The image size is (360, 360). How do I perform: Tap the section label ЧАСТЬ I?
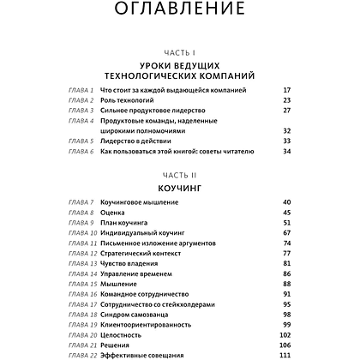pyautogui.click(x=179, y=53)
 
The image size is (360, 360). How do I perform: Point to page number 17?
pyautogui.click(x=286, y=90)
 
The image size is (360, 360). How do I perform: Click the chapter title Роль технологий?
pyautogui.click(x=127, y=100)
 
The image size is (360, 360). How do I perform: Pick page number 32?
pyautogui.click(x=286, y=130)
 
